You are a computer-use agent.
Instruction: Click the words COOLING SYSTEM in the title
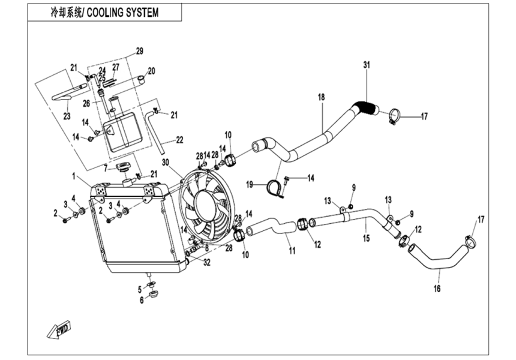pos(124,13)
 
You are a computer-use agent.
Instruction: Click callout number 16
pos(437,289)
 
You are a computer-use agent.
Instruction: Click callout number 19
pos(251,184)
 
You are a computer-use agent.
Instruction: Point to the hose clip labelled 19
pos(275,188)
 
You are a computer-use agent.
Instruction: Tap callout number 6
pos(142,300)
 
